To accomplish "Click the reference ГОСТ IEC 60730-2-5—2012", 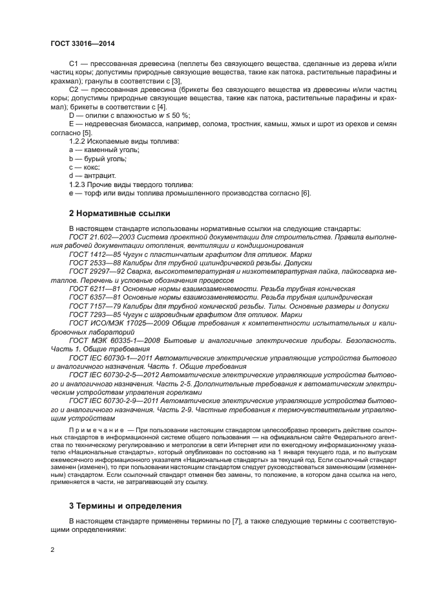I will pyautogui.click(x=114, y=374).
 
